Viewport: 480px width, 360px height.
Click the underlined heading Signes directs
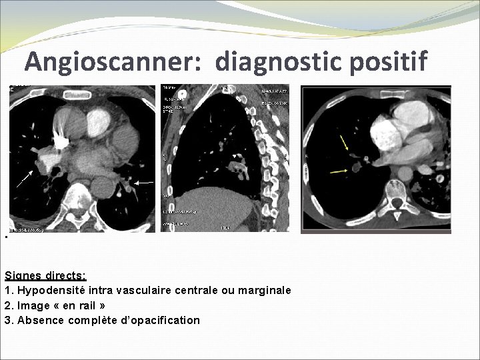click(45, 275)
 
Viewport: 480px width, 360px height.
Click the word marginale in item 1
click(265, 290)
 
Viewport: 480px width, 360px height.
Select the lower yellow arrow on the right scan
click(339, 172)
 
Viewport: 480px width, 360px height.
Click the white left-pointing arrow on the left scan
click(145, 182)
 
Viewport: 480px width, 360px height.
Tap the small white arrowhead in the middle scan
click(233, 157)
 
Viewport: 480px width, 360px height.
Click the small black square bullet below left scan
click(5, 238)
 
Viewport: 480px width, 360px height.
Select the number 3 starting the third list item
click(7, 320)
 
